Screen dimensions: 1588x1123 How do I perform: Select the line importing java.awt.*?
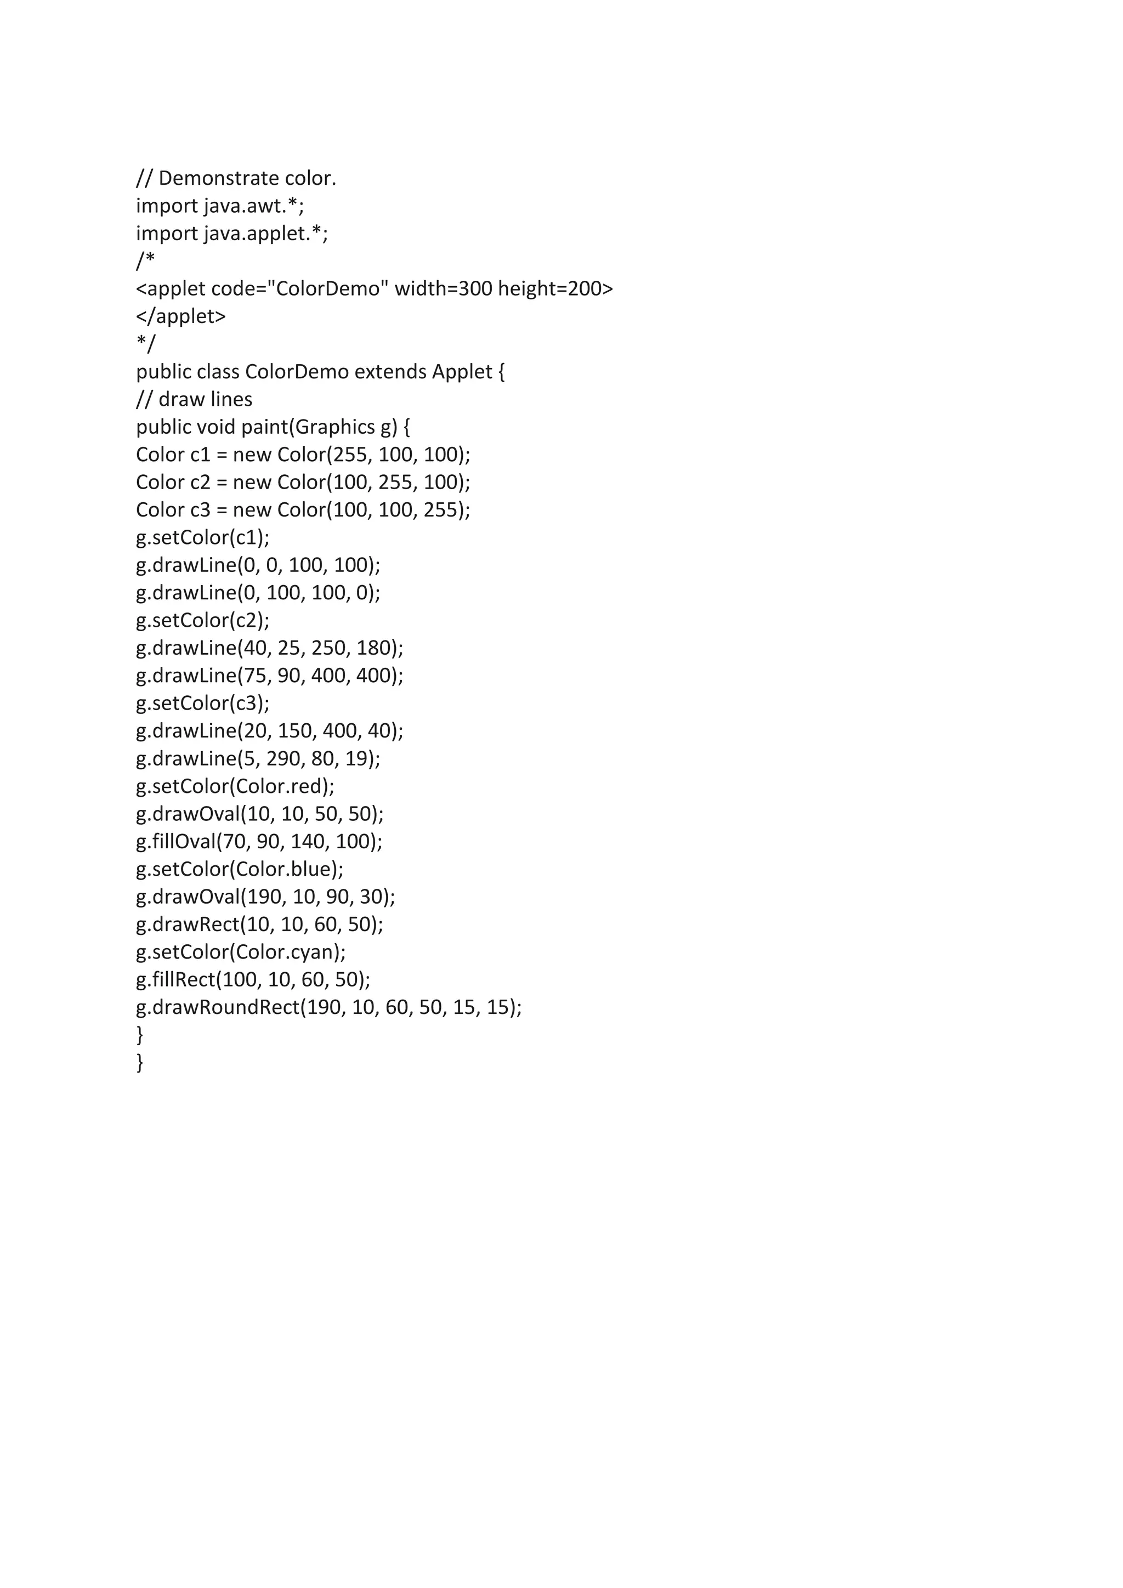pos(220,206)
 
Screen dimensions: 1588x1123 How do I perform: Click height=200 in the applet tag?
pos(555,289)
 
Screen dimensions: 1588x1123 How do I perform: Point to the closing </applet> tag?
pos(181,317)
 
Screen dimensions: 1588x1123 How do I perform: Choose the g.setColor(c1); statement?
pos(202,537)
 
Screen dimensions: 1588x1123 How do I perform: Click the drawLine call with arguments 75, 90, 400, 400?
pos(270,676)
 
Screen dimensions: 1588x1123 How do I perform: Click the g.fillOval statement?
pos(259,842)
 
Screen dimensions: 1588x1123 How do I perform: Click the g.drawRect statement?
pos(259,925)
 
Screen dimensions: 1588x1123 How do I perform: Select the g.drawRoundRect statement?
pos(328,1008)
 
